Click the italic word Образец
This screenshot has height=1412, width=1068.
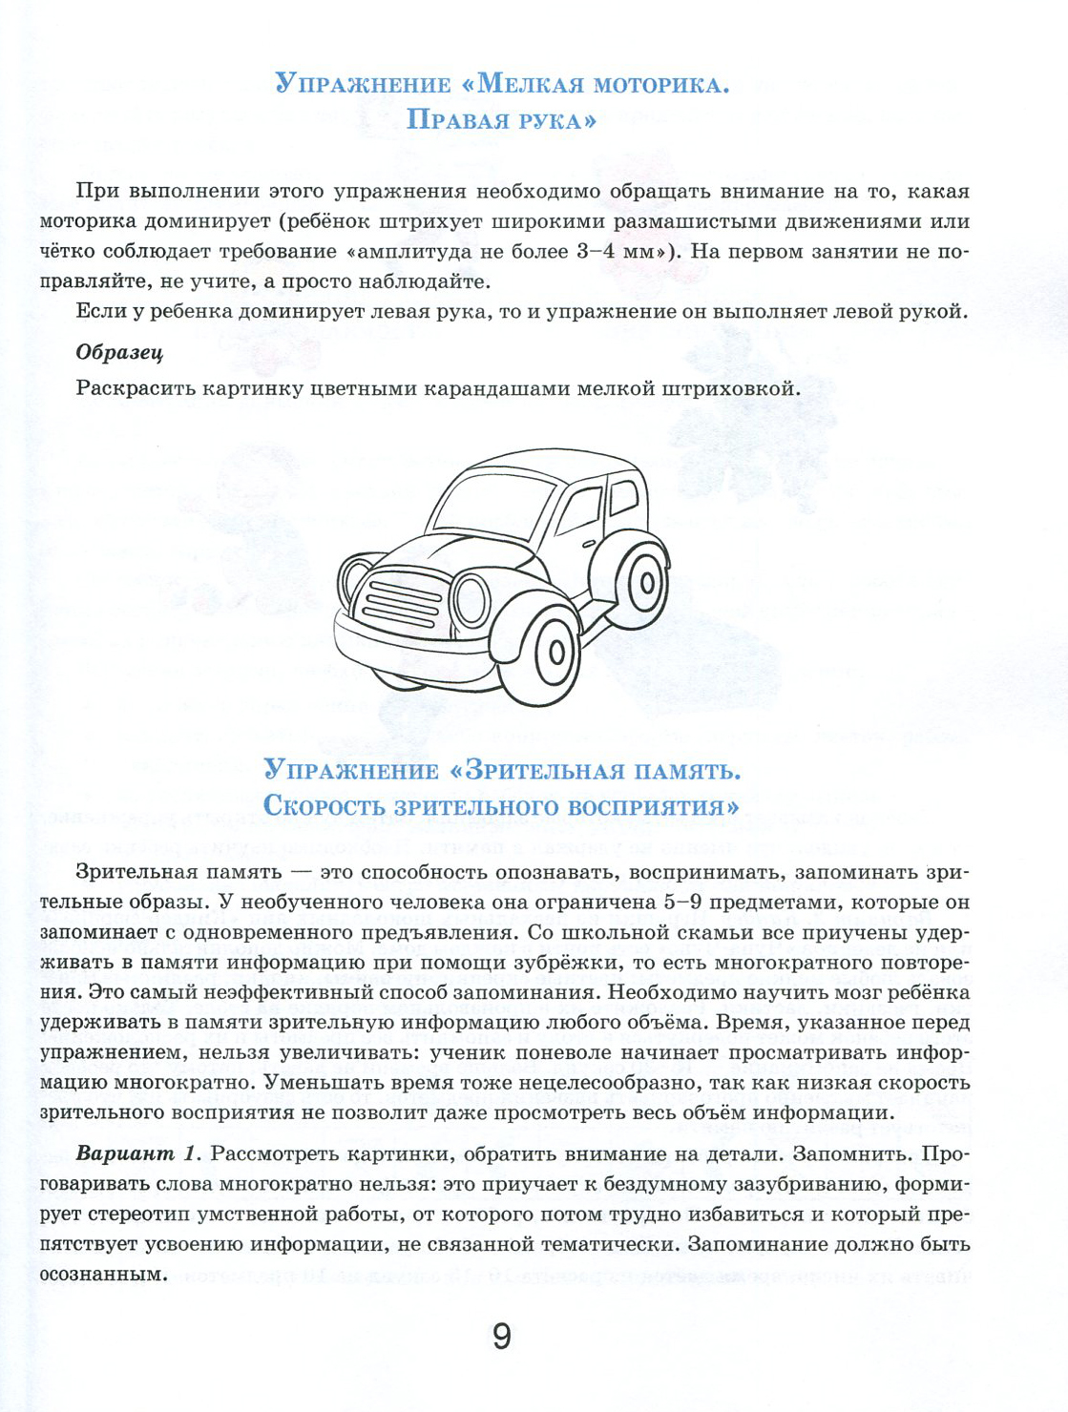119,352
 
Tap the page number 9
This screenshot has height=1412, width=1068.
502,1337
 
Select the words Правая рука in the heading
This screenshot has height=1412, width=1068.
501,120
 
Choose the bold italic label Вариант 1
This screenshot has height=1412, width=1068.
137,1153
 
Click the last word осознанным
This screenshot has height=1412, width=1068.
98,1275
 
